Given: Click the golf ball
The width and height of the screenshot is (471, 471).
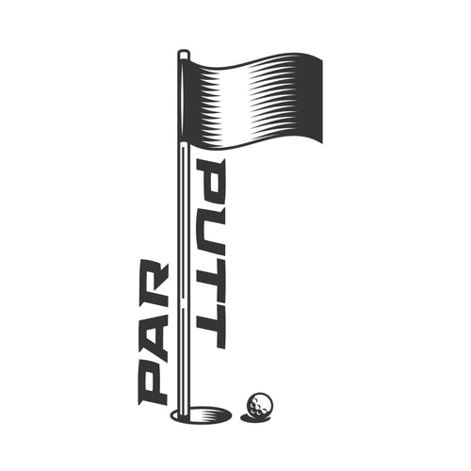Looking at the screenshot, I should coord(257,405).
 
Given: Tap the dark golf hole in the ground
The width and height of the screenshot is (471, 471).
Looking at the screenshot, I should coord(201,414).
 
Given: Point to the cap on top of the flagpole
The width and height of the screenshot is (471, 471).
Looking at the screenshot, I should coord(183,54).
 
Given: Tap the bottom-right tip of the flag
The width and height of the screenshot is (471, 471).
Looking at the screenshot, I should coord(321,143).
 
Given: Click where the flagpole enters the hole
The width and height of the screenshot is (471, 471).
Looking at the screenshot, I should coord(183,411).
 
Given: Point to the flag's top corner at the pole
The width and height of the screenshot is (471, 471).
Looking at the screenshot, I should coord(188,59).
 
